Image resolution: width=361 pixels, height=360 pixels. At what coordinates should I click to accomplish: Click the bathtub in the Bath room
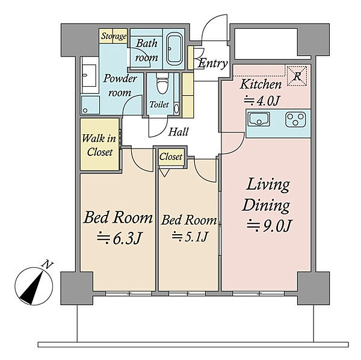[174, 49]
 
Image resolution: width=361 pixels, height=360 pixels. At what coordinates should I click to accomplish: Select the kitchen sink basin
[259, 119]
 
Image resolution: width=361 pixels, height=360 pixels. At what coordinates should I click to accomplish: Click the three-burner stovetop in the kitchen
[295, 119]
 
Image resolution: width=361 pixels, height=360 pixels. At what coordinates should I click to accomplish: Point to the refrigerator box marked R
[297, 76]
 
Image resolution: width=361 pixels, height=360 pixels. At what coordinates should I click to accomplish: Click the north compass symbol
[34, 286]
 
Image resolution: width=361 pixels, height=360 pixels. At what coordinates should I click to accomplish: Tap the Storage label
[114, 36]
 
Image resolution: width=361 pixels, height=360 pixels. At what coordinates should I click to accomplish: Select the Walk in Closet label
[99, 145]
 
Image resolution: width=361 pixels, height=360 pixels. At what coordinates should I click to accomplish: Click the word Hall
[178, 132]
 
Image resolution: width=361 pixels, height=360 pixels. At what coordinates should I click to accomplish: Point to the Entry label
[212, 63]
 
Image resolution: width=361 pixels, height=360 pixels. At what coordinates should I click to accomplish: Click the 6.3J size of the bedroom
[119, 238]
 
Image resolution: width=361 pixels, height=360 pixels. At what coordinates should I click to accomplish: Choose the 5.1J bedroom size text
[190, 236]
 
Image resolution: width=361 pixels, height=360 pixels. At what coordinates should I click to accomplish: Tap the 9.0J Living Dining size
[270, 226]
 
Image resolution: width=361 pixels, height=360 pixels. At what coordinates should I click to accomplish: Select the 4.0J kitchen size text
[262, 101]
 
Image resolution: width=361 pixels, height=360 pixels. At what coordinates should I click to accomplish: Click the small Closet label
[171, 157]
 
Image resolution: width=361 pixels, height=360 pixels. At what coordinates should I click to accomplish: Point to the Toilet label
[159, 105]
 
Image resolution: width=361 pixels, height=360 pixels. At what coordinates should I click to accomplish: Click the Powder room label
[120, 85]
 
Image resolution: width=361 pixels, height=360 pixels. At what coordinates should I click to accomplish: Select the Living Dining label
[267, 195]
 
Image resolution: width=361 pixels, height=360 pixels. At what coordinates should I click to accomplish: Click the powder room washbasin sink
[89, 75]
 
